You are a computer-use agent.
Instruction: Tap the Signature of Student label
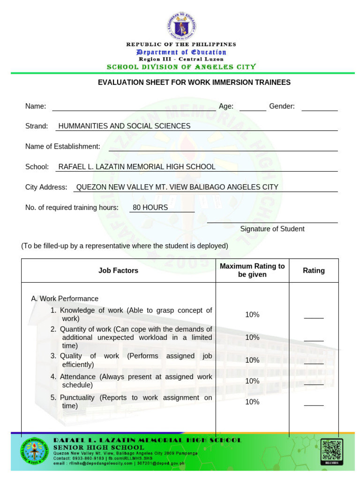click(x=272, y=229)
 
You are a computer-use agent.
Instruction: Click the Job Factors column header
click(x=118, y=270)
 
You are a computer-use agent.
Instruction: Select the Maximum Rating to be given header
click(x=252, y=270)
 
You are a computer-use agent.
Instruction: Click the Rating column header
click(x=314, y=270)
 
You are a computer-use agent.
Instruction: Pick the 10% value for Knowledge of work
click(x=252, y=315)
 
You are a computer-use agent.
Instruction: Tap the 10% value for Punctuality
click(x=252, y=402)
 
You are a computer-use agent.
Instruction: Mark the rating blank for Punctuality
click(x=314, y=404)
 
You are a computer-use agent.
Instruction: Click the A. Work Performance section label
click(x=65, y=299)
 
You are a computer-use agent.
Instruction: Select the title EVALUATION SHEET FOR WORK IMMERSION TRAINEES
click(x=194, y=82)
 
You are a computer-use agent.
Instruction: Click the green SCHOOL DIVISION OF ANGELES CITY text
click(x=181, y=67)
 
